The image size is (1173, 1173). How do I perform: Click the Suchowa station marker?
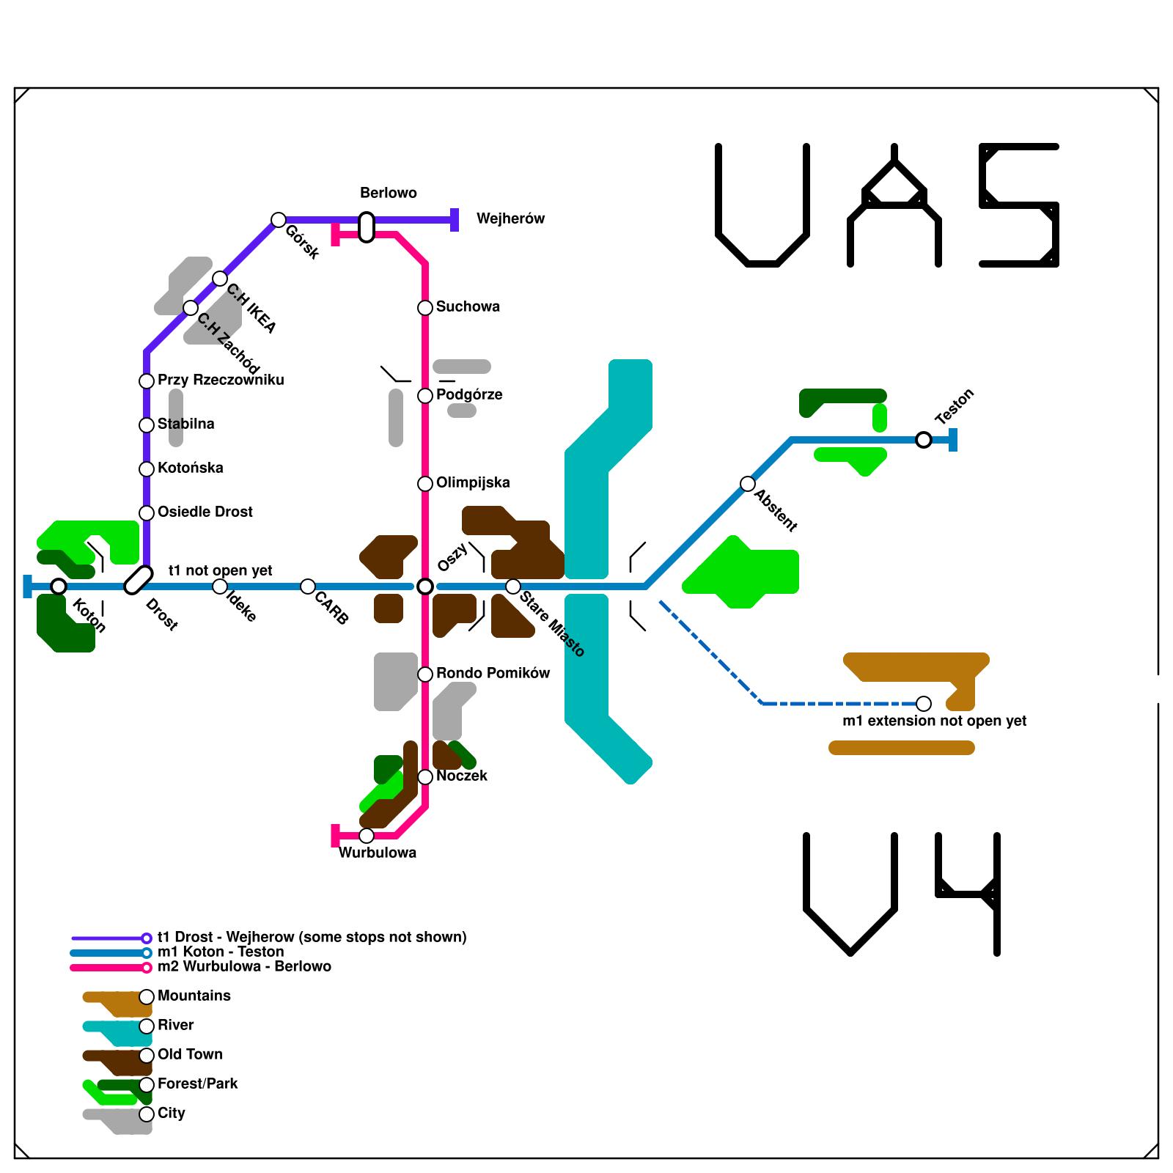coord(425,308)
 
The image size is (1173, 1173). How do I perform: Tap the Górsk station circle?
coord(279,220)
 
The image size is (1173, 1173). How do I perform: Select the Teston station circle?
coord(924,440)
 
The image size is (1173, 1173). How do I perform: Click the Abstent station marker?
coord(748,484)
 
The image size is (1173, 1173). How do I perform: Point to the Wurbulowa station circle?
coord(367,836)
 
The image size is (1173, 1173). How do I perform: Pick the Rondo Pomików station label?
coord(493,673)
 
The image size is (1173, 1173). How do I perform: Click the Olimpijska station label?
coord(473,482)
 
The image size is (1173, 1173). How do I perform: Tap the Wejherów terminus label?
coord(510,218)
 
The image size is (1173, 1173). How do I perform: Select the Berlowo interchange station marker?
coord(367,227)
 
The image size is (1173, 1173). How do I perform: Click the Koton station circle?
coord(59,586)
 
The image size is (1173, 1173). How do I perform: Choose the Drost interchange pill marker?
coord(139,580)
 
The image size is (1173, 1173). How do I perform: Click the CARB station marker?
coord(308,586)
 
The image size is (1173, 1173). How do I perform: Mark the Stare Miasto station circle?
coord(513,586)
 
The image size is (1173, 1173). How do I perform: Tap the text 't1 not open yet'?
coord(221,570)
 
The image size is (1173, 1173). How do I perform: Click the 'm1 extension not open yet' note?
coord(934,721)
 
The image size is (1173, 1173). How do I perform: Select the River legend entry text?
coord(176,1025)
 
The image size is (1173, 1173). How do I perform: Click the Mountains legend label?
coord(194,996)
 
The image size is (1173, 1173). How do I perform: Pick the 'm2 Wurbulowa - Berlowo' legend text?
coord(244,966)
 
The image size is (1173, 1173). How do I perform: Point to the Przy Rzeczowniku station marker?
coord(147,381)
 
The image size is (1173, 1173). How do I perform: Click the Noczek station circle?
coord(425,777)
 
